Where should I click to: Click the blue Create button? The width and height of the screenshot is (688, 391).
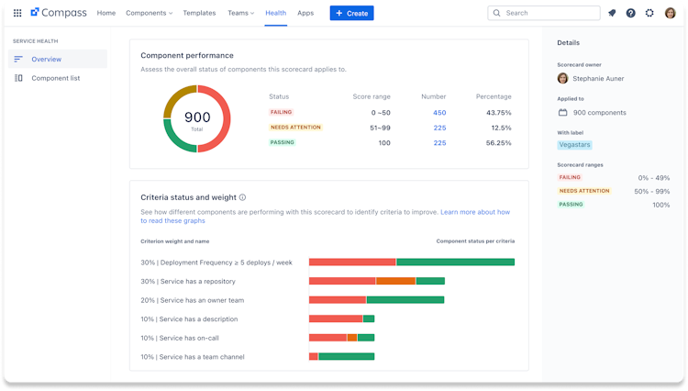tap(351, 13)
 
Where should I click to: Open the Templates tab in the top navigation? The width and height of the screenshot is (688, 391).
tap(199, 13)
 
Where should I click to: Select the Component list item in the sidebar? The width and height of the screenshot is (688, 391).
tap(55, 78)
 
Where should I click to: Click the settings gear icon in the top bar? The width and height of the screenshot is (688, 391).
tap(649, 13)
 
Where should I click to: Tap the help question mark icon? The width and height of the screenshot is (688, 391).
tap(630, 13)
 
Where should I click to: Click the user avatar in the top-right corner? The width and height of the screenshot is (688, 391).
tap(670, 13)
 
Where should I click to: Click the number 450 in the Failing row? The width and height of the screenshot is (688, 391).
tap(439, 113)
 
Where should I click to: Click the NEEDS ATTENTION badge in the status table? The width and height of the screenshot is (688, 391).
tap(295, 128)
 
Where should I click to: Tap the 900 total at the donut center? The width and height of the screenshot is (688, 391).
tap(197, 117)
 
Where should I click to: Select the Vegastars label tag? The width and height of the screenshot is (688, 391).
tap(574, 144)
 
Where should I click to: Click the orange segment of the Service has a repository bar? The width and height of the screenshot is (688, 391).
tap(395, 281)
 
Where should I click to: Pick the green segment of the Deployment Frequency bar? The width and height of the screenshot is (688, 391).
tap(455, 262)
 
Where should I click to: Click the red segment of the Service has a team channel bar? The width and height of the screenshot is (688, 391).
tap(314, 356)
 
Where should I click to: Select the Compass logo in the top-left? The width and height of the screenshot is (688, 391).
tap(58, 13)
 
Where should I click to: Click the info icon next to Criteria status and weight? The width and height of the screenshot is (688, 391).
tap(242, 197)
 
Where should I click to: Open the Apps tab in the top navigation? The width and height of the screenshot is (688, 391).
tap(305, 13)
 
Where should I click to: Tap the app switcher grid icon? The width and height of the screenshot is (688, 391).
tap(17, 13)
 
